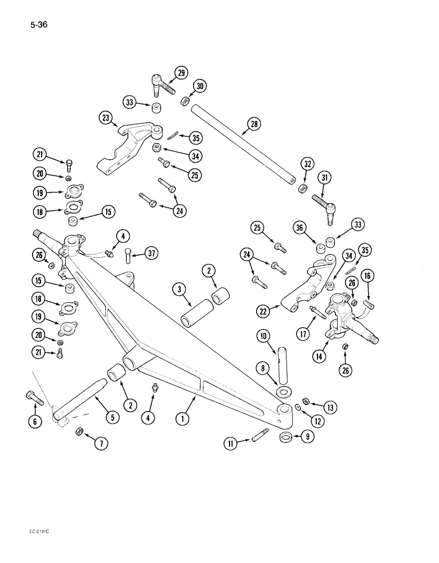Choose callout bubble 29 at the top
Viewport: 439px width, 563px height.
pos(180,73)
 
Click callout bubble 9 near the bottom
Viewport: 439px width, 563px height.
pos(308,435)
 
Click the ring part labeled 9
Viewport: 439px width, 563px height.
pos(287,438)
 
